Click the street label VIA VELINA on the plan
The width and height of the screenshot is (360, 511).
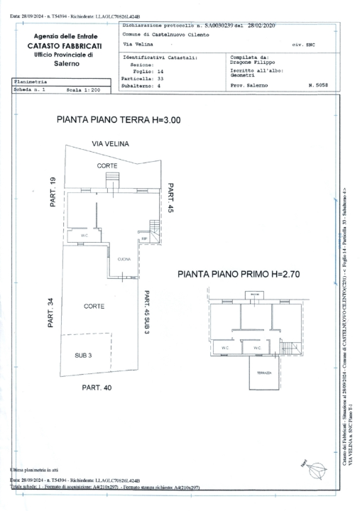[109, 143]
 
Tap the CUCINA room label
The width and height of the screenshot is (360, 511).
[124, 260]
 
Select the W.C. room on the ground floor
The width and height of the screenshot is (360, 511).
[84, 236]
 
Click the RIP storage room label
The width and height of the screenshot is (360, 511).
[145, 239]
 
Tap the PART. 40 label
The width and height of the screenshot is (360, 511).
[97, 388]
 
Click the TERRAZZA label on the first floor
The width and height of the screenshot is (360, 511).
[255, 372]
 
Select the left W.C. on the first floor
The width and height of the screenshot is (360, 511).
[224, 348]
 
